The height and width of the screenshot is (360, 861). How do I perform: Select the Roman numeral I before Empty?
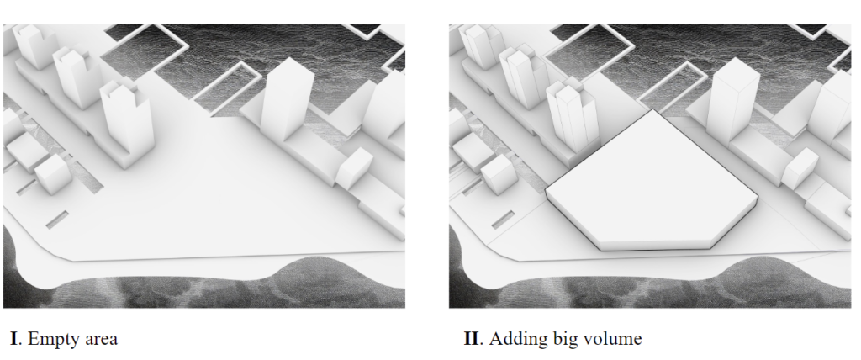tap(14, 338)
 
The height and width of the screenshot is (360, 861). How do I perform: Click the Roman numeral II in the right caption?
tap(471, 338)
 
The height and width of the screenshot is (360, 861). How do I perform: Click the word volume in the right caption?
tap(613, 338)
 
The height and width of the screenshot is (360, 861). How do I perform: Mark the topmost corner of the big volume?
tap(652, 109)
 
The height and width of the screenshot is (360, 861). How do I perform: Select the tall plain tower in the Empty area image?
tap(286, 99)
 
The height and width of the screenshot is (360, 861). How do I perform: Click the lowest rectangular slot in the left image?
tap(57, 220)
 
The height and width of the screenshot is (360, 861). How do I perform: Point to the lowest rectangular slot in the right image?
tap(503, 220)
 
